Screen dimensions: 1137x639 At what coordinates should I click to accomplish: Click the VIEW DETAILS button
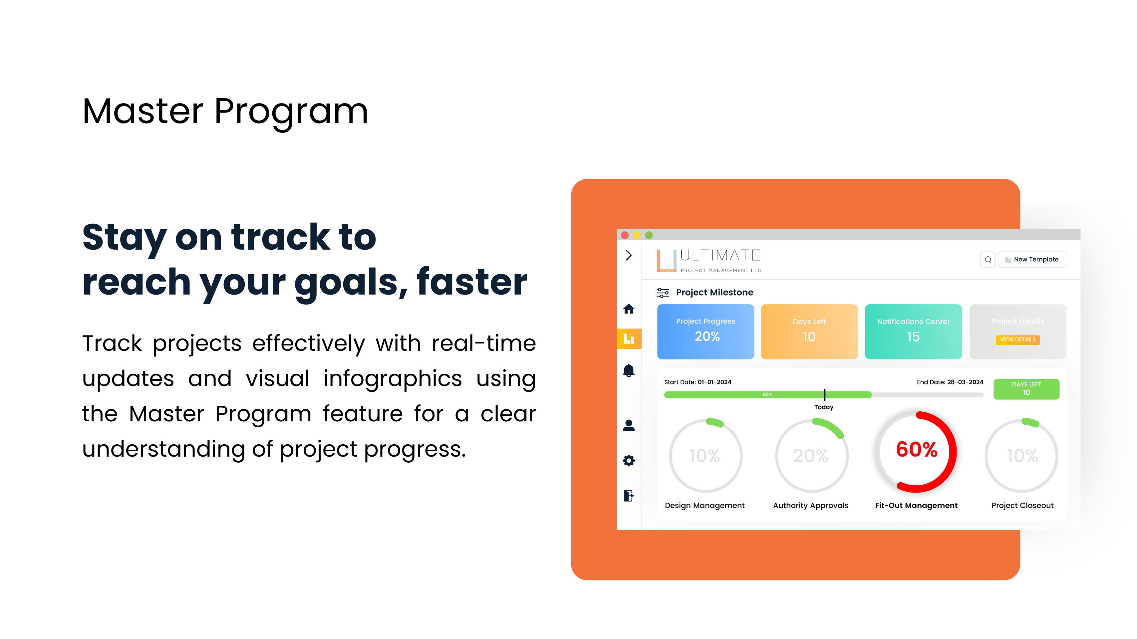[1017, 339]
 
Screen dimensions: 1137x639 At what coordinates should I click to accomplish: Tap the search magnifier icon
[988, 260]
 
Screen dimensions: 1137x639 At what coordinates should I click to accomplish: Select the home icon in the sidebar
[629, 309]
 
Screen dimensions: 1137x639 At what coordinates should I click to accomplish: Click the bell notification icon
[629, 371]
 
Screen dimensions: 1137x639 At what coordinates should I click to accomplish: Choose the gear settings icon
[629, 461]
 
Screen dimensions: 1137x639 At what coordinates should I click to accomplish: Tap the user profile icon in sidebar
[629, 425]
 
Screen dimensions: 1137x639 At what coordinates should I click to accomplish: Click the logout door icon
[629, 496]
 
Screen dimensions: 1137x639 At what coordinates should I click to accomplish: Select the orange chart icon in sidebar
[629, 339]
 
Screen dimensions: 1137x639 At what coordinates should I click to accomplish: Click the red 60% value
[917, 450]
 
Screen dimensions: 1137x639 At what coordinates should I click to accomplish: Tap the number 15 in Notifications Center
[913, 337]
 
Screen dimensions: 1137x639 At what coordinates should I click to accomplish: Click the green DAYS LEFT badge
[1026, 389]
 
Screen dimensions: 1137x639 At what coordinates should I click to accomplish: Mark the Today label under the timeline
[824, 407]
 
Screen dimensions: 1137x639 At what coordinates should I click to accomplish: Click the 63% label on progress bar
[767, 394]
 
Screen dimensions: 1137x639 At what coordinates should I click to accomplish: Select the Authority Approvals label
[810, 505]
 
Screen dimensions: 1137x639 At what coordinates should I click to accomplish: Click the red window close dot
[625, 235]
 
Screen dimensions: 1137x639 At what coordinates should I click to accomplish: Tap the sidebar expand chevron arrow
[629, 255]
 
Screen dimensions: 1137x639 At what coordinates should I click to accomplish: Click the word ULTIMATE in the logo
[720, 255]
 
